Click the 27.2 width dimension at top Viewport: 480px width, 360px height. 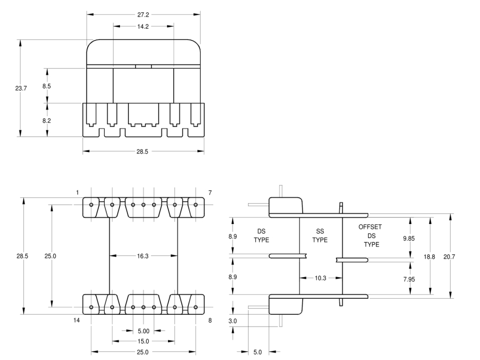point(143,15)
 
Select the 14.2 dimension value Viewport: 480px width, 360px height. point(143,27)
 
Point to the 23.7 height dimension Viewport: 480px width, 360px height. point(21,89)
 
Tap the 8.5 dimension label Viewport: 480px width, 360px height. point(46,86)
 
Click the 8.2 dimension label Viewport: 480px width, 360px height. point(46,121)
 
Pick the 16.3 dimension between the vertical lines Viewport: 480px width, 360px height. point(142,256)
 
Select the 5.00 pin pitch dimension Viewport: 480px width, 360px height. point(143,331)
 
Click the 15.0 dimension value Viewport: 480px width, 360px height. point(143,341)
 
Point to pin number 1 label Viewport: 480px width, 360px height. point(77,193)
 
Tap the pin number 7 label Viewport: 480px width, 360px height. point(210,193)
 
